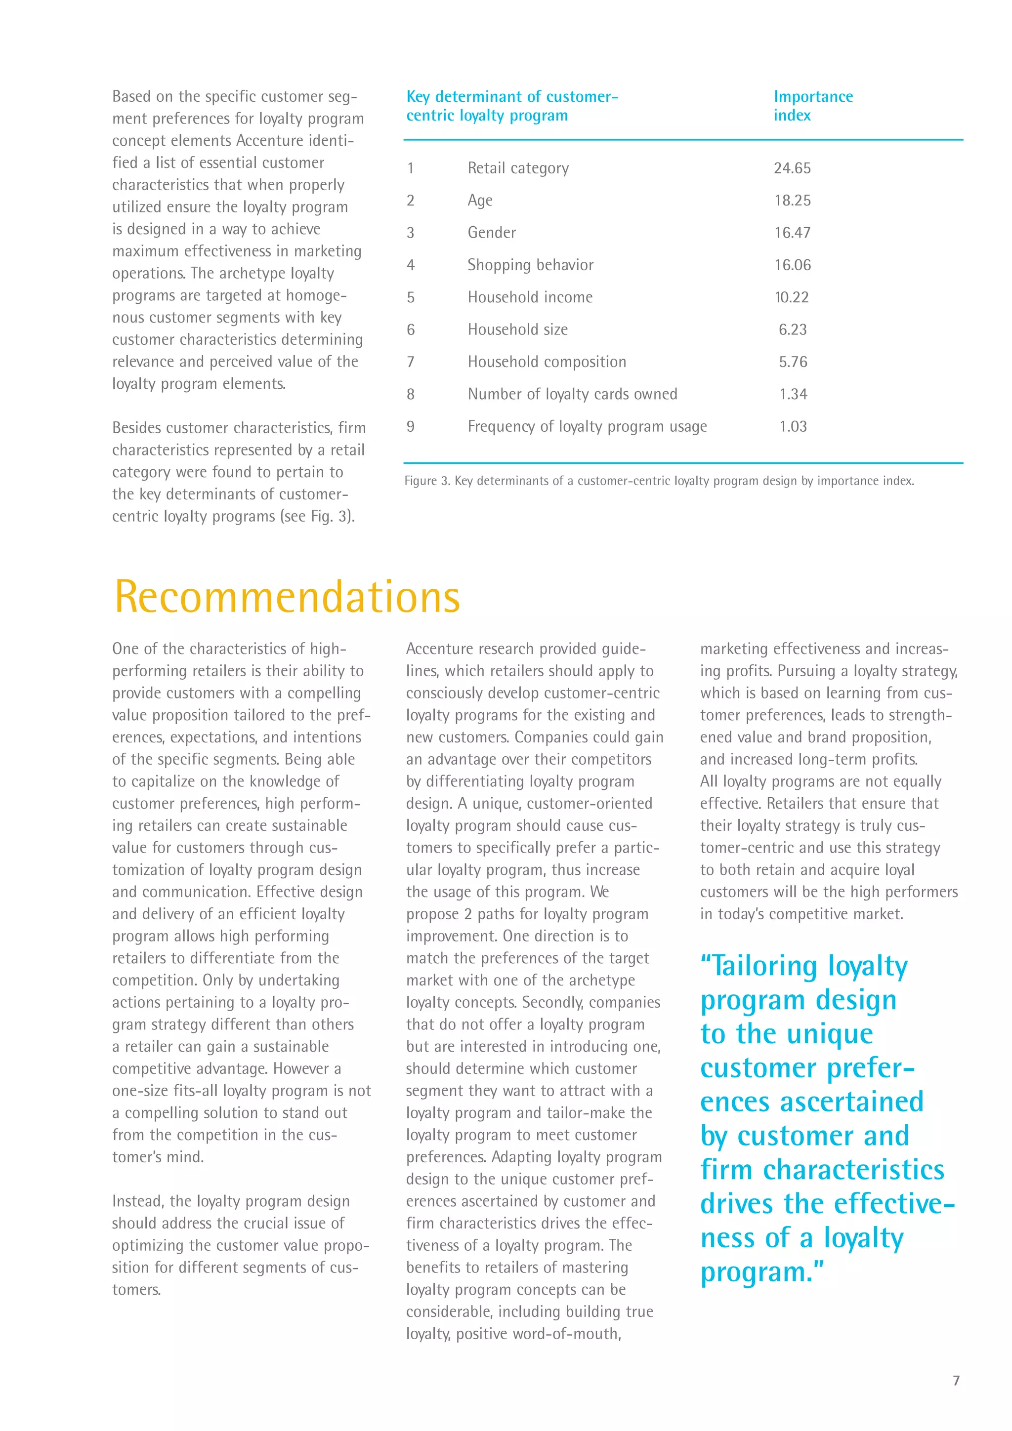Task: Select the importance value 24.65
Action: [x=792, y=168]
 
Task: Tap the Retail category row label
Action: [x=518, y=168]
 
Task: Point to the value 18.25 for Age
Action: [x=792, y=201]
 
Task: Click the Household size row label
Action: [x=517, y=329]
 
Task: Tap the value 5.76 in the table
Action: [x=793, y=362]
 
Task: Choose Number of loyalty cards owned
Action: [x=572, y=395]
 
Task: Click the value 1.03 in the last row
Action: [x=793, y=427]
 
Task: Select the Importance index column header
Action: [x=812, y=106]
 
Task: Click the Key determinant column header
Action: [x=511, y=106]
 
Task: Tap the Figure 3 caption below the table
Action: [x=659, y=481]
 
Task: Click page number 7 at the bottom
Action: [x=956, y=1381]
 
